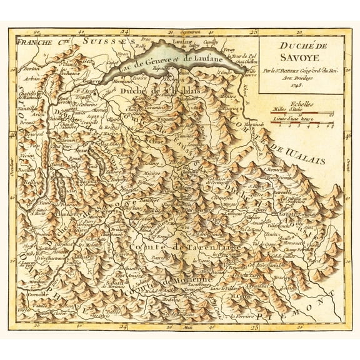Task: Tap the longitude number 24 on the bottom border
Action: (x=122, y=327)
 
